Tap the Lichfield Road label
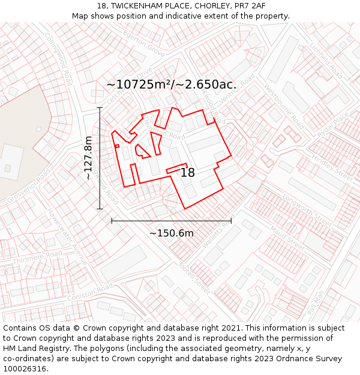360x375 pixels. click(x=326, y=61)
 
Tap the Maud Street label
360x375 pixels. click(x=287, y=236)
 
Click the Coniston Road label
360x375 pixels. click(x=89, y=292)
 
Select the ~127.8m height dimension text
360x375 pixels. click(x=88, y=158)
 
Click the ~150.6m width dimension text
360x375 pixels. click(x=172, y=233)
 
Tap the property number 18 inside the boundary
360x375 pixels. click(x=188, y=173)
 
